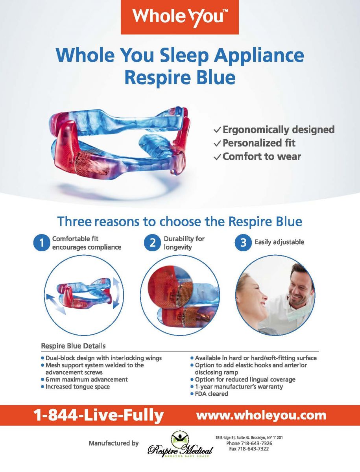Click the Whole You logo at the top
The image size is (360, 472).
point(179,17)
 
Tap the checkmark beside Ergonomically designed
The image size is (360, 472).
point(217,130)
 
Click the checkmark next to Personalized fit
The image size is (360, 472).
point(217,144)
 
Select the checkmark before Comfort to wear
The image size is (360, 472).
point(217,157)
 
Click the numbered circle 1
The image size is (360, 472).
point(41,243)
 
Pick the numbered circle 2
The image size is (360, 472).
point(152,243)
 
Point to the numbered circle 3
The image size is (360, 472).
point(243,243)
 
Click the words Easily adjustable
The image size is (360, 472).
point(279,242)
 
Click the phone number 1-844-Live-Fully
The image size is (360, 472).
point(98,415)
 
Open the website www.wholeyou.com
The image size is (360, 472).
point(261,415)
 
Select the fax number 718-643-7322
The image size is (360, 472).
point(249,449)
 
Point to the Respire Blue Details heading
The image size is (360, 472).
point(73,346)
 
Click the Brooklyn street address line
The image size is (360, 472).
point(249,438)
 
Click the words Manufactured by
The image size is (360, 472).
point(114,443)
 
